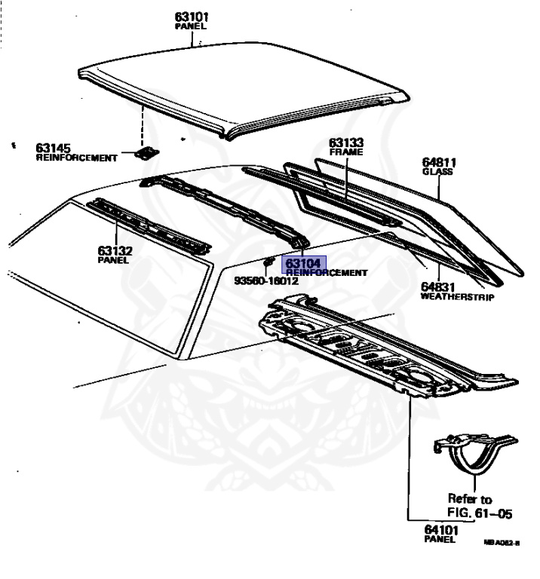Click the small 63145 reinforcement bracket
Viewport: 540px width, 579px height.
145,153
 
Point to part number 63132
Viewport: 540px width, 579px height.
114,250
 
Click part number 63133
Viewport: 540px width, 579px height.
346,142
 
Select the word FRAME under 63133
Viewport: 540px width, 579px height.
346,152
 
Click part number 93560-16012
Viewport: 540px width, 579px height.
266,281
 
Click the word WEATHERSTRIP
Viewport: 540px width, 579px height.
457,298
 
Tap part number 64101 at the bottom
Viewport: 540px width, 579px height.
441,530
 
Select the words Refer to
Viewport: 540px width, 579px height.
470,499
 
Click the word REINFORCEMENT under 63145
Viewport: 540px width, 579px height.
77,158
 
